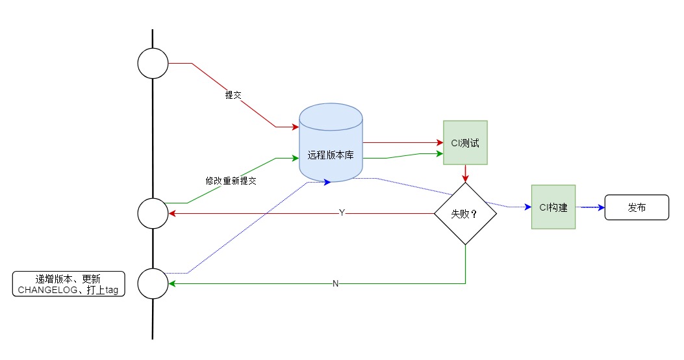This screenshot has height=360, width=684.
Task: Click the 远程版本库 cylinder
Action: pyautogui.click(x=331, y=143)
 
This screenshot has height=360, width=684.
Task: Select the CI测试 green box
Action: pyautogui.click(x=465, y=143)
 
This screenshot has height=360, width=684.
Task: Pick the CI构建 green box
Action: pyautogui.click(x=553, y=207)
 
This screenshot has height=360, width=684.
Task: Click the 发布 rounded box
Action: pyautogui.click(x=637, y=207)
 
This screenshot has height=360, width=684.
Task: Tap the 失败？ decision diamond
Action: pyautogui.click(x=466, y=213)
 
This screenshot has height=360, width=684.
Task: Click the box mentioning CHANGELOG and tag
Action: pyautogui.click(x=68, y=284)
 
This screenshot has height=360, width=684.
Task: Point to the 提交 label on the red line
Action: pyautogui.click(x=233, y=95)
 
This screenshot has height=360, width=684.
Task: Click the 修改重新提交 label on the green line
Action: pyautogui.click(x=231, y=181)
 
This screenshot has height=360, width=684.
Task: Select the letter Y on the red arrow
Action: pyautogui.click(x=342, y=213)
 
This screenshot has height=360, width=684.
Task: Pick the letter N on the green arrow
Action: pyautogui.click(x=335, y=283)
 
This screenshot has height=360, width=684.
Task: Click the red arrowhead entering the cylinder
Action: pyautogui.click(x=296, y=127)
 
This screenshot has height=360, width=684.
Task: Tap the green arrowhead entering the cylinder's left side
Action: pyautogui.click(x=296, y=158)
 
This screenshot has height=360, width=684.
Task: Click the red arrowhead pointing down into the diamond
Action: pyautogui.click(x=466, y=179)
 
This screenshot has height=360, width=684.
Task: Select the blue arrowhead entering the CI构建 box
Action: pyautogui.click(x=528, y=207)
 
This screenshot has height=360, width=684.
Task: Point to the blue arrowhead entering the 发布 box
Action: pyautogui.click(x=601, y=207)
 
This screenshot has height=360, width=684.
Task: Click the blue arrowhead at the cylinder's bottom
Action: pyautogui.click(x=327, y=183)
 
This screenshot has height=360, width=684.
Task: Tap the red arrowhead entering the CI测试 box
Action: pyautogui.click(x=440, y=143)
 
